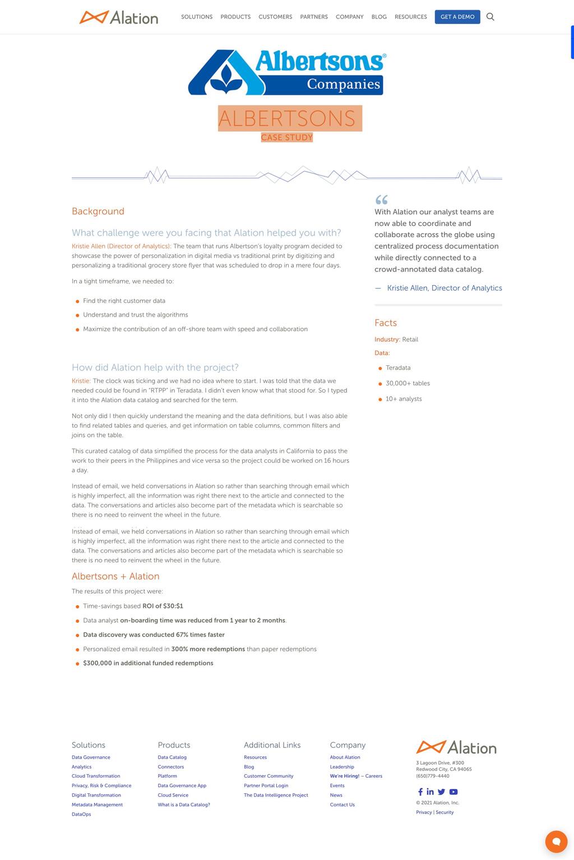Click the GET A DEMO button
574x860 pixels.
coord(457,17)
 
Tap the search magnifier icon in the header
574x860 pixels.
coord(490,17)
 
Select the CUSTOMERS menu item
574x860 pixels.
coord(275,17)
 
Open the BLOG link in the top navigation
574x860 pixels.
coord(379,17)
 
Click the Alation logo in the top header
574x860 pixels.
coord(119,17)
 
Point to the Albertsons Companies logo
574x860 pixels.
coord(287,73)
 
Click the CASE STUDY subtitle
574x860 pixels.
coord(287,137)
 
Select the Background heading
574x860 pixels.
coord(98,211)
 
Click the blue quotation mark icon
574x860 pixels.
coord(382,199)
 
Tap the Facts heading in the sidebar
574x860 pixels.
coord(386,323)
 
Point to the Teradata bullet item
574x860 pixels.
coord(398,368)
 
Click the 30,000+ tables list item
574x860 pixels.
coord(408,383)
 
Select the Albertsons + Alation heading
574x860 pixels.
coord(115,576)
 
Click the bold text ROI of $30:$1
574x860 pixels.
coord(163,606)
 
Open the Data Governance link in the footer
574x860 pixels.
coord(91,757)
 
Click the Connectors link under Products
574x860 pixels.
coord(171,767)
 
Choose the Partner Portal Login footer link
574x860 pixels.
coord(266,785)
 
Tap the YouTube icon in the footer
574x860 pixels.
coord(453,792)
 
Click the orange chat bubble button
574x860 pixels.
coord(556,842)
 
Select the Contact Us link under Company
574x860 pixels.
coord(342,805)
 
